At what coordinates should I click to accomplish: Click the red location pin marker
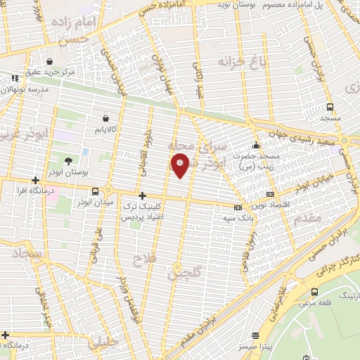point(181,167)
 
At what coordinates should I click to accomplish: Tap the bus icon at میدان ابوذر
point(95,191)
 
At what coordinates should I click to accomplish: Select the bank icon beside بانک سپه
point(238,207)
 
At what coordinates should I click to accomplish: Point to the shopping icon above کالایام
point(105,117)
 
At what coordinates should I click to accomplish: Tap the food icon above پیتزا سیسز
point(264,337)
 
